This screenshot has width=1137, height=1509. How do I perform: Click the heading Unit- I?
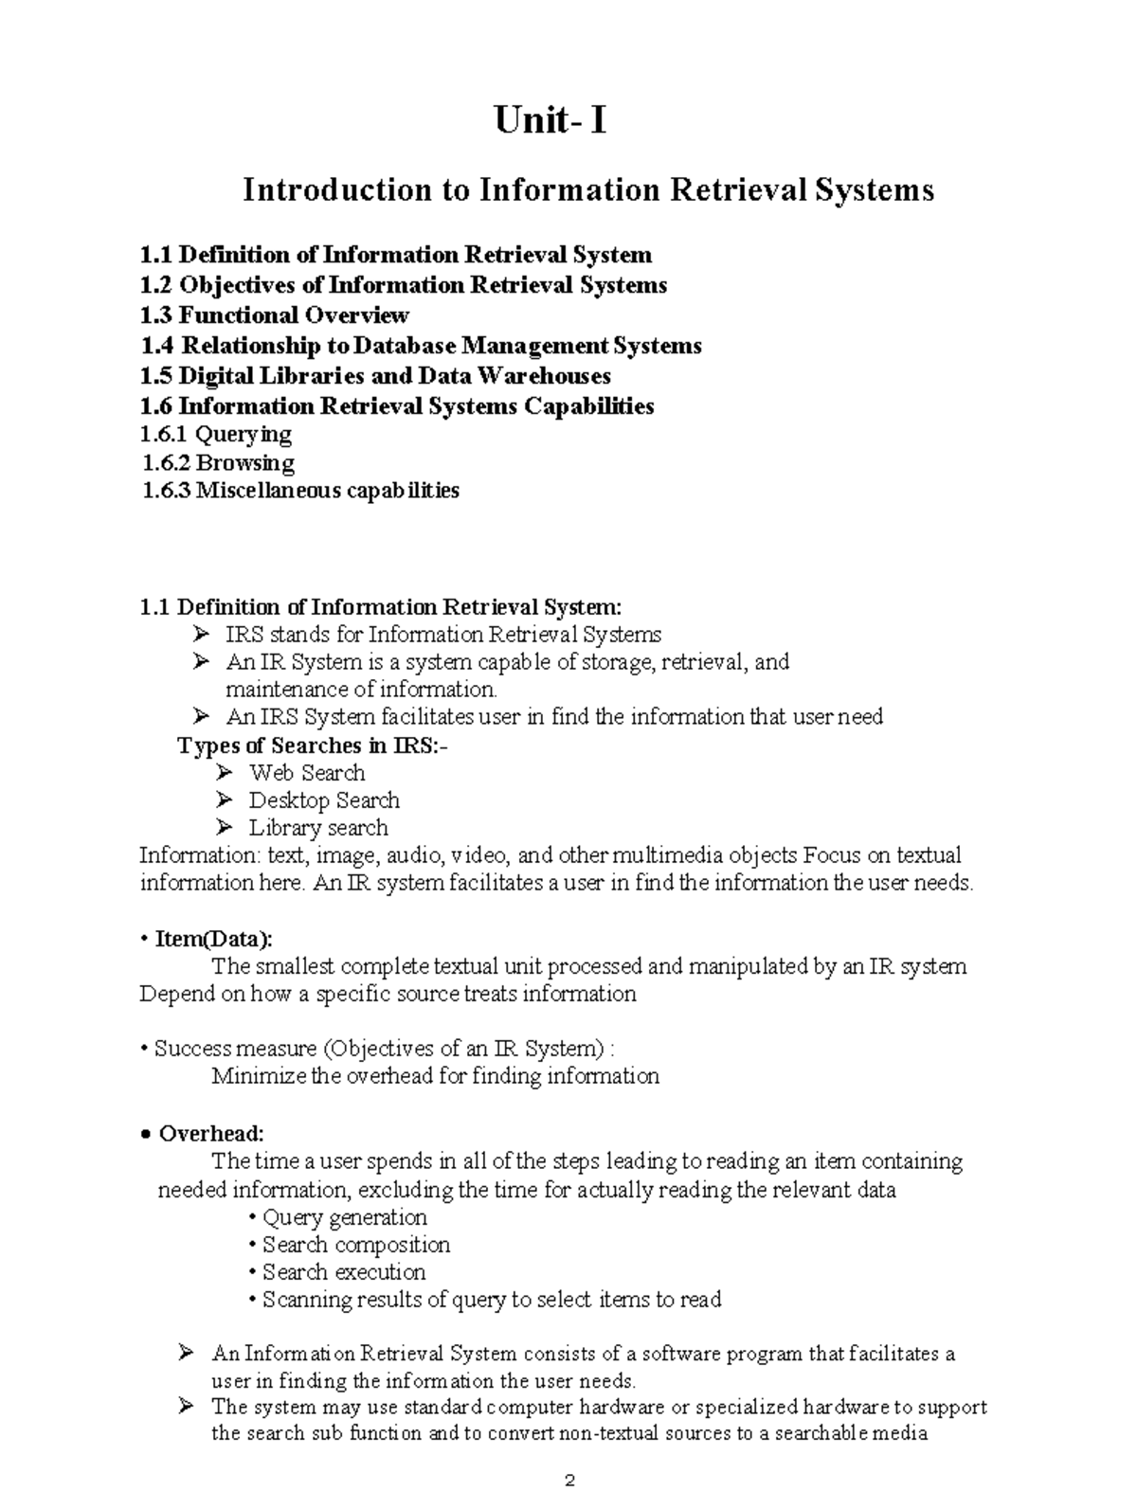coord(550,121)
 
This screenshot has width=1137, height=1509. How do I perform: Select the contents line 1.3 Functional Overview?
coord(274,315)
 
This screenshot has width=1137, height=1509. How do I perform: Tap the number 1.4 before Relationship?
coord(155,346)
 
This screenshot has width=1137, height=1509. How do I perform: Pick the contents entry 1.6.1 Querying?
coord(215,435)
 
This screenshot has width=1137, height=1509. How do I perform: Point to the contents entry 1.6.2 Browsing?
coord(218,463)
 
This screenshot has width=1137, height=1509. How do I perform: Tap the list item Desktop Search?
coord(323,800)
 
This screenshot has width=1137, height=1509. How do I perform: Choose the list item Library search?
coord(317,828)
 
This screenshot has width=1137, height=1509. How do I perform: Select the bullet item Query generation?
coord(344,1217)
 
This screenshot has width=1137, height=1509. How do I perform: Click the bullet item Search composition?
coord(355,1245)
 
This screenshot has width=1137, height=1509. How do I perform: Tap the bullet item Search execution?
coord(343,1272)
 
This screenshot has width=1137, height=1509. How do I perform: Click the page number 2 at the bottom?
coord(568,1481)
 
